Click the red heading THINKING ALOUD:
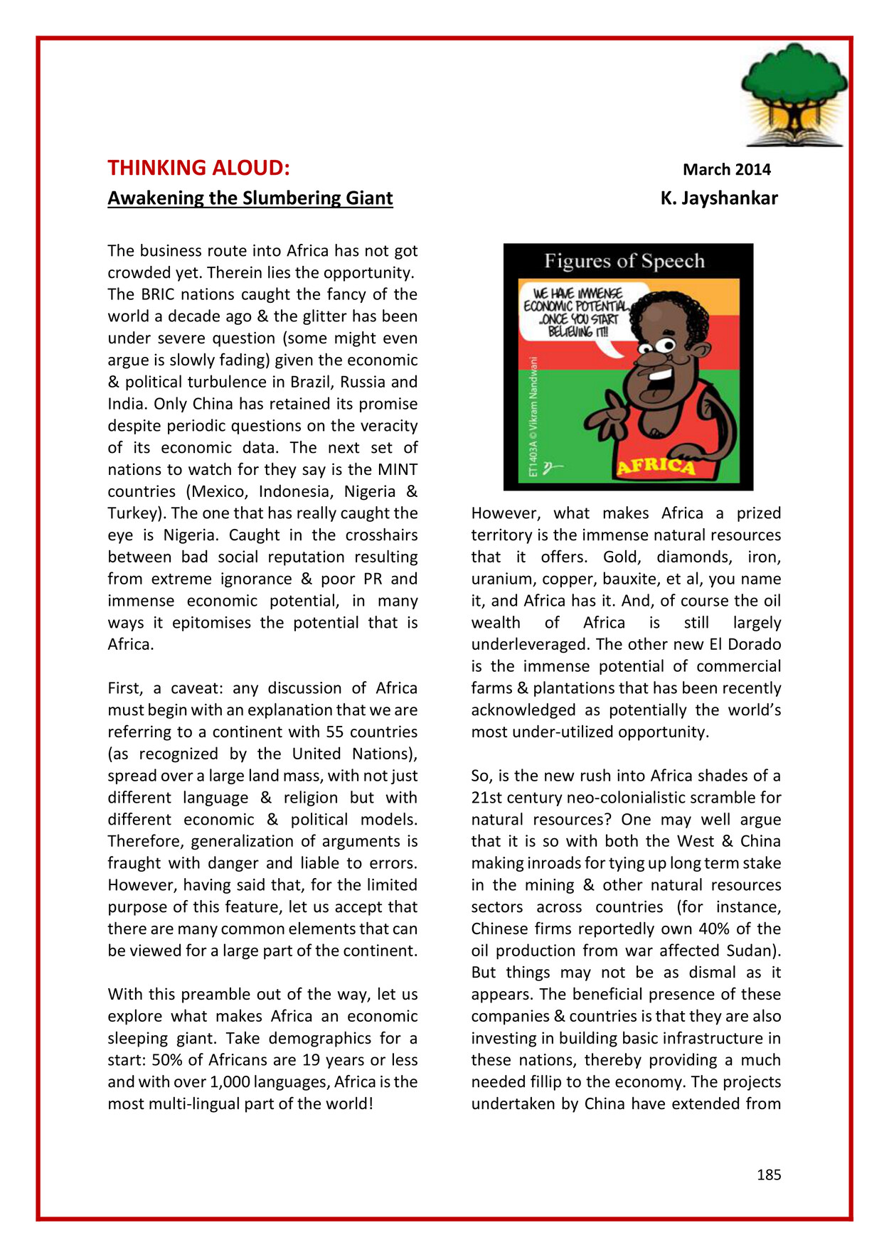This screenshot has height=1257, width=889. click(x=198, y=168)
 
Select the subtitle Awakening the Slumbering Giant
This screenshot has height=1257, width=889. click(x=250, y=198)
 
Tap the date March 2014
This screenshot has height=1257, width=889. click(x=726, y=169)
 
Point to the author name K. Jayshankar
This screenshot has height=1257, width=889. click(x=718, y=198)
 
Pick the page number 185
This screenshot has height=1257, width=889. click(x=768, y=1175)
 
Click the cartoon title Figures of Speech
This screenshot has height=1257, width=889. click(x=624, y=261)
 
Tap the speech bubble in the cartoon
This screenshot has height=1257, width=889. click(x=580, y=313)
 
